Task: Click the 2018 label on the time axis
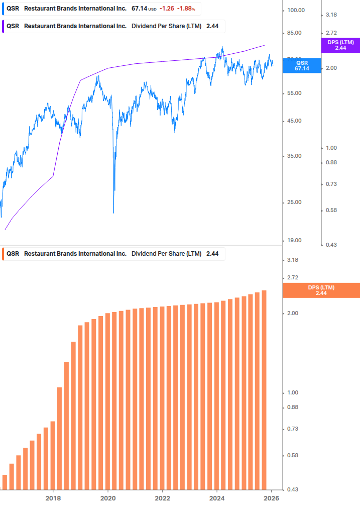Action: (53, 498)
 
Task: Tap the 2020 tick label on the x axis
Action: (108, 498)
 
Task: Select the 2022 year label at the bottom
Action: (162, 498)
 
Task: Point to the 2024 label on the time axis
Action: (217, 498)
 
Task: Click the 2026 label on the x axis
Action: (271, 498)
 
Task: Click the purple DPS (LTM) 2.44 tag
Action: (340, 45)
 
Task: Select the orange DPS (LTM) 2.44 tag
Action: (321, 290)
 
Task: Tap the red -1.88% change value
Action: (186, 9)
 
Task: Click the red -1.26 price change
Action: (167, 9)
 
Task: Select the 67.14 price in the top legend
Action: (139, 9)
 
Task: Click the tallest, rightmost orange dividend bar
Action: (264, 389)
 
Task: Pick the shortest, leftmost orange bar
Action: (5, 482)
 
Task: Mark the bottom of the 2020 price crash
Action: (113, 212)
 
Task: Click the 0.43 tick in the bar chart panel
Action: (293, 489)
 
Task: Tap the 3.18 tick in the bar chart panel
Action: (293, 260)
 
